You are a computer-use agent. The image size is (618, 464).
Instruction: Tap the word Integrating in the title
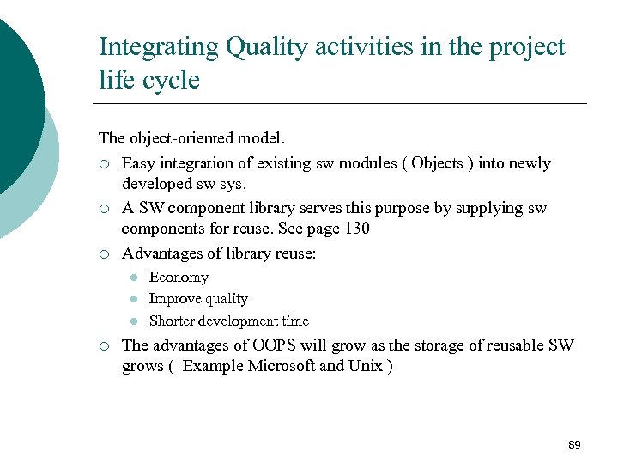(x=159, y=47)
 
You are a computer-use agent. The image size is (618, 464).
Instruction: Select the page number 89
(x=574, y=444)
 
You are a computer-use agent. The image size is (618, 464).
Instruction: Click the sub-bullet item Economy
(x=179, y=277)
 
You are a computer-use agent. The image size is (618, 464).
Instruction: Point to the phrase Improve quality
(x=198, y=299)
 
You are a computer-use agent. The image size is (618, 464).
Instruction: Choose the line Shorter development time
(x=228, y=321)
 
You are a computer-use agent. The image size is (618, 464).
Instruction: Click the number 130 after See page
(x=354, y=229)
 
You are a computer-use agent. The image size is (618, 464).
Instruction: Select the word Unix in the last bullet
(x=366, y=366)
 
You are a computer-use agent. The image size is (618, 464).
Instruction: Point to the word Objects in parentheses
(x=437, y=163)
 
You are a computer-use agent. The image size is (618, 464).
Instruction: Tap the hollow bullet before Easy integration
(x=103, y=164)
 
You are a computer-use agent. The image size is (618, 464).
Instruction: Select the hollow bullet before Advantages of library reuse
(x=103, y=253)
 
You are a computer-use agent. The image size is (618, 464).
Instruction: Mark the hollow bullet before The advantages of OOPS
(x=103, y=345)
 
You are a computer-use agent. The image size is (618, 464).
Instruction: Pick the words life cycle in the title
(x=148, y=81)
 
